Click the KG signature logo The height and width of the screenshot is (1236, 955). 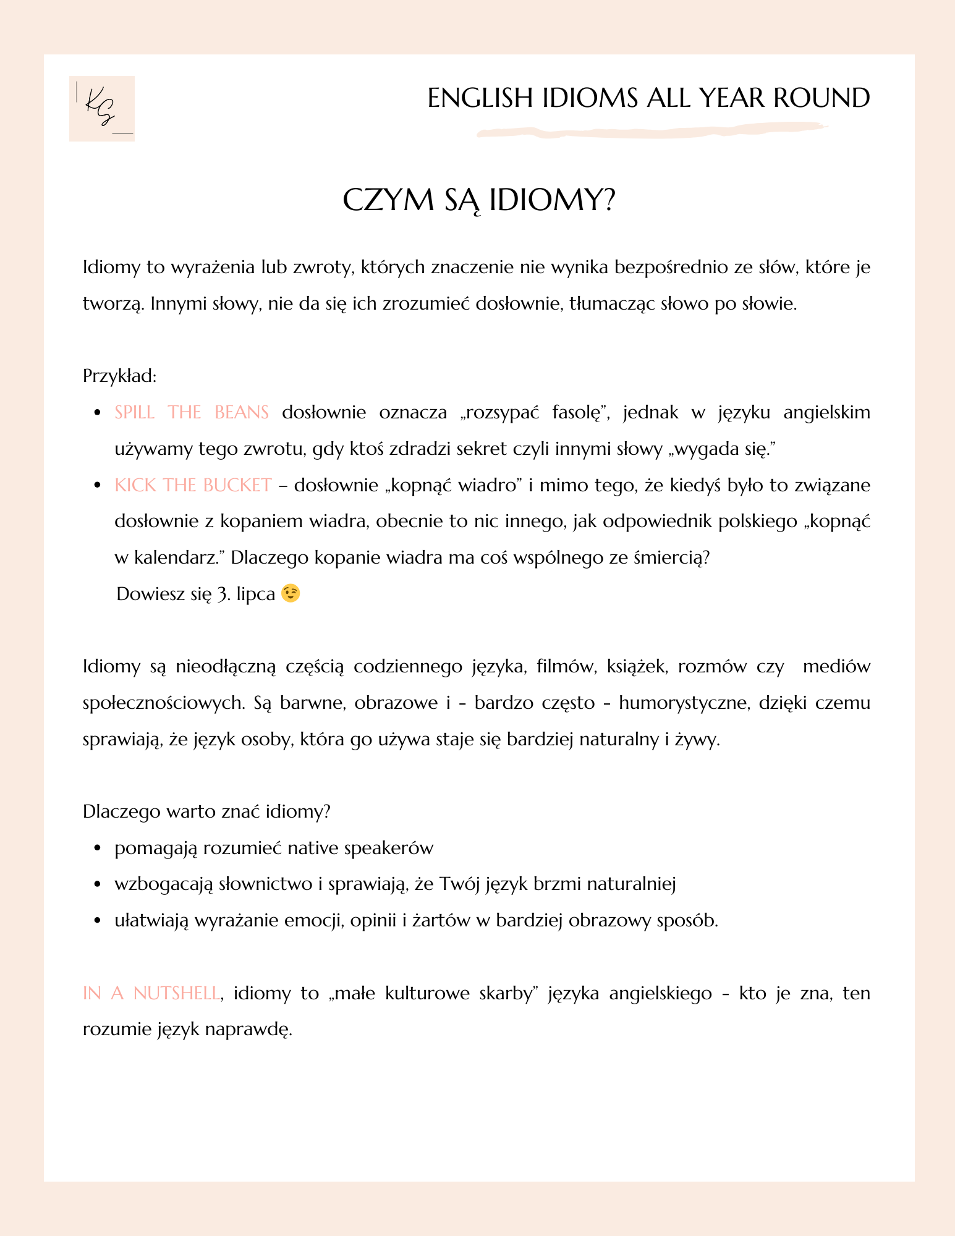click(102, 109)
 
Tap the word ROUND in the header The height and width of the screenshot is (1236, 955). click(821, 98)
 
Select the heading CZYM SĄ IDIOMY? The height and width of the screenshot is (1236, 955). click(479, 200)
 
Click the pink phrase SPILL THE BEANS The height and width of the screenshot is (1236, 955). click(192, 412)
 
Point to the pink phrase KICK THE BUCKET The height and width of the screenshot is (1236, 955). click(193, 485)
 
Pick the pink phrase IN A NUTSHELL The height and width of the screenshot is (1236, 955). click(151, 993)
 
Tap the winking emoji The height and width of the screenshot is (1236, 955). click(291, 594)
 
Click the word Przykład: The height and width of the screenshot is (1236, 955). click(120, 376)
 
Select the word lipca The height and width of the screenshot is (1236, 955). click(255, 595)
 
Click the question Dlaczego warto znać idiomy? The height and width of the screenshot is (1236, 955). click(206, 811)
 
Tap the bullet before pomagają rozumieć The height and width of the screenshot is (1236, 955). click(97, 849)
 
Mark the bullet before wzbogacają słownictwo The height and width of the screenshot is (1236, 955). click(97, 884)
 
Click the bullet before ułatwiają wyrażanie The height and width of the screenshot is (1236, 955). click(97, 921)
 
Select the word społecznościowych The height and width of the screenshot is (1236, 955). click(161, 703)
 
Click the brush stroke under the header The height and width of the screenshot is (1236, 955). click(652, 131)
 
